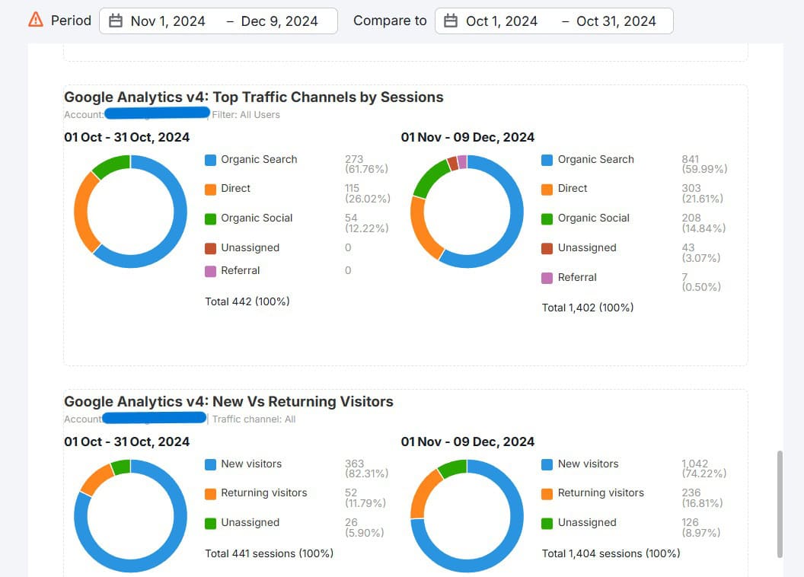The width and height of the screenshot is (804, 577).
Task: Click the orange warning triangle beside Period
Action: [x=35, y=21]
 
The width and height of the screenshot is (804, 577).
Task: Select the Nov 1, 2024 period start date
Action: [x=167, y=21]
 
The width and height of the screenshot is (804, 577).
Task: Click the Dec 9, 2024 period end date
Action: [x=279, y=21]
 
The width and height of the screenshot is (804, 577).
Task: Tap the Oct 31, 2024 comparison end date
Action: [x=616, y=21]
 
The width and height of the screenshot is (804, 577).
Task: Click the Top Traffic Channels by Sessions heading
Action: [x=254, y=97]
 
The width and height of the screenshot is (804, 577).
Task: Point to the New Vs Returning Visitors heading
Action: [x=228, y=401]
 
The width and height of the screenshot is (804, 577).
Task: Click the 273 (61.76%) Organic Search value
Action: [x=367, y=164]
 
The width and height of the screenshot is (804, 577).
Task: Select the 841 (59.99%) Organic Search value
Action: [x=704, y=164]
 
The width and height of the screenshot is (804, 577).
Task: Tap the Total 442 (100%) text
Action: [x=247, y=301]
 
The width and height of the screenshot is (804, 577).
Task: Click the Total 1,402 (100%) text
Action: [x=588, y=308]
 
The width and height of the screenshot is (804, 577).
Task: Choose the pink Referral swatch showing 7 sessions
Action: [x=547, y=278]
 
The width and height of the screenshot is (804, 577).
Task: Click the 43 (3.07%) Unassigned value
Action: [x=700, y=253]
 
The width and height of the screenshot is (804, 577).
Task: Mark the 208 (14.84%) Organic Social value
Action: [x=703, y=223]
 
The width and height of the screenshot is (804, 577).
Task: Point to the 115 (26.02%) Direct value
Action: [x=367, y=193]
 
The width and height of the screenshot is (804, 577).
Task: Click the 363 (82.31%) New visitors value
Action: [x=366, y=468]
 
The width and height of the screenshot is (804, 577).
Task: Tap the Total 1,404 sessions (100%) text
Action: [x=611, y=553]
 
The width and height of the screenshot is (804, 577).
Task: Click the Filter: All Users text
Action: [x=247, y=115]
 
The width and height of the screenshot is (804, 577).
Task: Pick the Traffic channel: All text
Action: [x=254, y=419]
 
